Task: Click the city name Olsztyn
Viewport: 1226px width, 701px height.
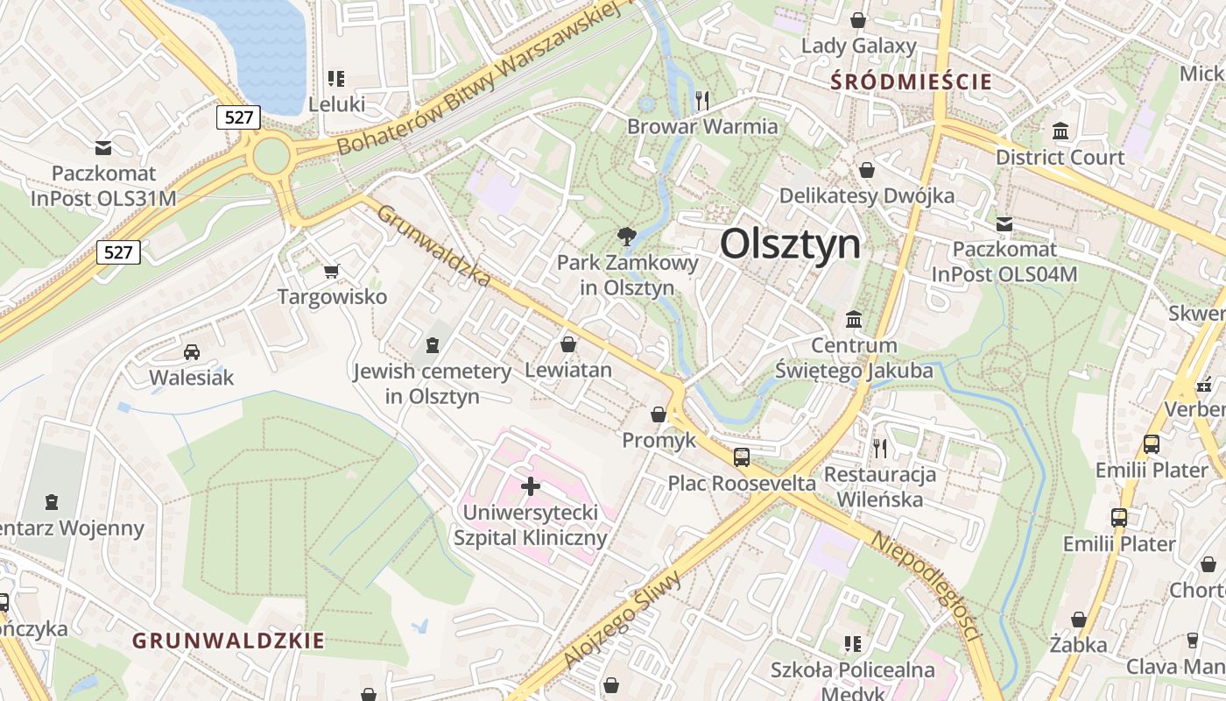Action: coord(790,244)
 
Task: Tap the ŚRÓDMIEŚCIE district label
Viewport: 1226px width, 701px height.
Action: coord(911,82)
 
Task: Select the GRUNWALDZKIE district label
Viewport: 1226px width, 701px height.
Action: coord(229,641)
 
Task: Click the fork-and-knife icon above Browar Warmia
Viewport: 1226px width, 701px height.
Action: coord(701,100)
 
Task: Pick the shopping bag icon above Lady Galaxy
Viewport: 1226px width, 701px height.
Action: coord(858,19)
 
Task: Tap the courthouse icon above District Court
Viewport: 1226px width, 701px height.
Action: coord(1060,131)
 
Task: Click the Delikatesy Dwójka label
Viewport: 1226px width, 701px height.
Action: coord(866,195)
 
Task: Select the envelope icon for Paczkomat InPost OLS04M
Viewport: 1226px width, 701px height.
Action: coord(1004,224)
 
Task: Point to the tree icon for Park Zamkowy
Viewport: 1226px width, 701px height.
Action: coord(626,236)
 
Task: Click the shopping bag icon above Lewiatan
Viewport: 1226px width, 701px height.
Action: coord(568,344)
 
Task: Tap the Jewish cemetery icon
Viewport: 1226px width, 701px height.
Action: coord(432,345)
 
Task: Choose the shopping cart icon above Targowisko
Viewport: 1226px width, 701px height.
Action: coord(331,272)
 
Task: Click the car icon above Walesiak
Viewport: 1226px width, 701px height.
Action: coord(191,352)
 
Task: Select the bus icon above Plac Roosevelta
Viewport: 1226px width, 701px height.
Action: coord(742,457)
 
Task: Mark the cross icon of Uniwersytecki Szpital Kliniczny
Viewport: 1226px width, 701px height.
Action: coord(531,485)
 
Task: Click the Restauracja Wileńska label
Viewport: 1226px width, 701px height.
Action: coord(880,487)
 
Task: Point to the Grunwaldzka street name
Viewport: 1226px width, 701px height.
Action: coord(433,245)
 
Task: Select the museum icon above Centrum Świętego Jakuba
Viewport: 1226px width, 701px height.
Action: coord(854,319)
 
